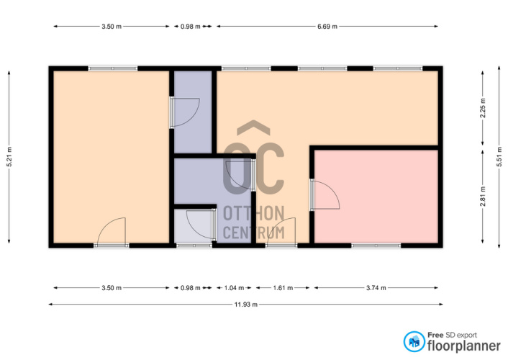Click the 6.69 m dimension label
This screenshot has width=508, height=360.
[x=327, y=26]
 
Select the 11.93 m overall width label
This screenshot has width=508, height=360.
[x=246, y=305]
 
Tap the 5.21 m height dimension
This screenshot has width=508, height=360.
[x=9, y=157]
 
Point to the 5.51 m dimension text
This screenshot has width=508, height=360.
[x=499, y=157]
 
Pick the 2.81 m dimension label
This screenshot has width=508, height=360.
[x=483, y=197]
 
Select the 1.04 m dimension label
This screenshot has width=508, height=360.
[x=235, y=288]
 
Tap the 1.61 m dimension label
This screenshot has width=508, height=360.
[x=283, y=288]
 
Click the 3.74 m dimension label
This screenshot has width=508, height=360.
[x=376, y=288]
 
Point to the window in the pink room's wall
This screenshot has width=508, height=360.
[x=376, y=246]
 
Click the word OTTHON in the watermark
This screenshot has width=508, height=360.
[x=254, y=213]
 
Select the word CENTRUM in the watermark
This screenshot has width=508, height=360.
[x=254, y=233]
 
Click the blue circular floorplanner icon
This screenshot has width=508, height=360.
[x=414, y=341]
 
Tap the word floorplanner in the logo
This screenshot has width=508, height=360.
[x=464, y=346]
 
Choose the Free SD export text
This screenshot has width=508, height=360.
[x=452, y=335]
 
